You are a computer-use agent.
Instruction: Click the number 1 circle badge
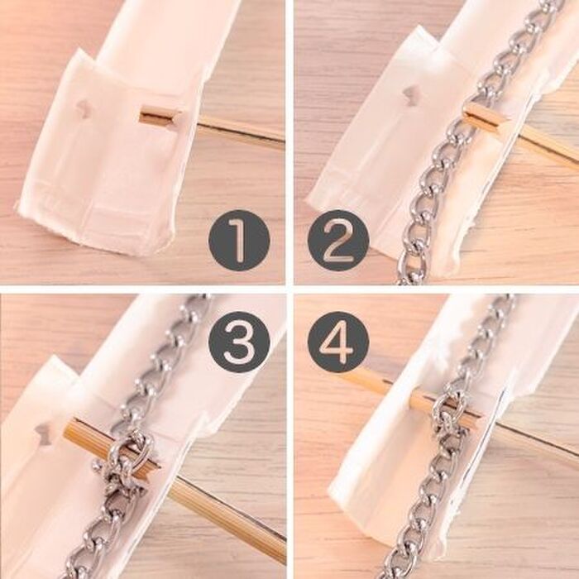coord(239,241)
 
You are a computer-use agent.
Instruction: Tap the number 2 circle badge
coord(338,241)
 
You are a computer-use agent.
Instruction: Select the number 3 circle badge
coord(239,342)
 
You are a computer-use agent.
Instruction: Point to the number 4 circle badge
coord(338,342)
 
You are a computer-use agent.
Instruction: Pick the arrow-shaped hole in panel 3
coord(45,434)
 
